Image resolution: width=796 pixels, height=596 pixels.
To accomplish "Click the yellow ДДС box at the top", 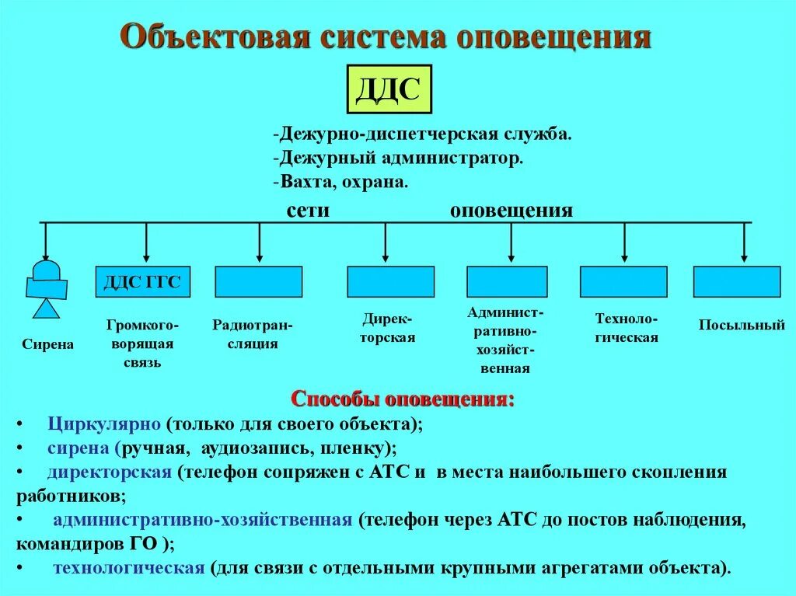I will point(388,90).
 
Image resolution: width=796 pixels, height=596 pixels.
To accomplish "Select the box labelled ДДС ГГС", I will point(142,282).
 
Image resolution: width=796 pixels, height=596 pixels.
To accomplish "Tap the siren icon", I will point(46,288).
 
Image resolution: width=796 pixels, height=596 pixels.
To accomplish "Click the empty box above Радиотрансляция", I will point(258,282).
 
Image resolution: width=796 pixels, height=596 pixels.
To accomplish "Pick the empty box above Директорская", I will point(390,282).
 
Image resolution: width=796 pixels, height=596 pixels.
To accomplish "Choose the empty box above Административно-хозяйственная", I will point(507,282).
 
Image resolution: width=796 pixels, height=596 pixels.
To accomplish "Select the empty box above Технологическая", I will point(623,282).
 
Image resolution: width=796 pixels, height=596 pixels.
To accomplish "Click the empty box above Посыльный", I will point(737,282).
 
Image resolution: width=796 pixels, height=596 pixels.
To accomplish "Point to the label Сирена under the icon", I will point(48,344).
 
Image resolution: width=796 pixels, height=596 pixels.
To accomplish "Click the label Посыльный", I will point(742,326).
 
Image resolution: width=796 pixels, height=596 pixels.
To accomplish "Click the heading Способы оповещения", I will point(403,399).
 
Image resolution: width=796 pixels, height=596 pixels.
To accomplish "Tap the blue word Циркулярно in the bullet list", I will point(103,424).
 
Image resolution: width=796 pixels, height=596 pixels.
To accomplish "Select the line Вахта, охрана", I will point(341,182).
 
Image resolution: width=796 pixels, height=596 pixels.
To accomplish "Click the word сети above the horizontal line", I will point(308,210).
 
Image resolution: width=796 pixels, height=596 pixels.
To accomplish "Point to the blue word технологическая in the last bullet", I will point(128,567).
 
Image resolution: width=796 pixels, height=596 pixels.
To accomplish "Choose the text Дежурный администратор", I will point(399,158).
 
